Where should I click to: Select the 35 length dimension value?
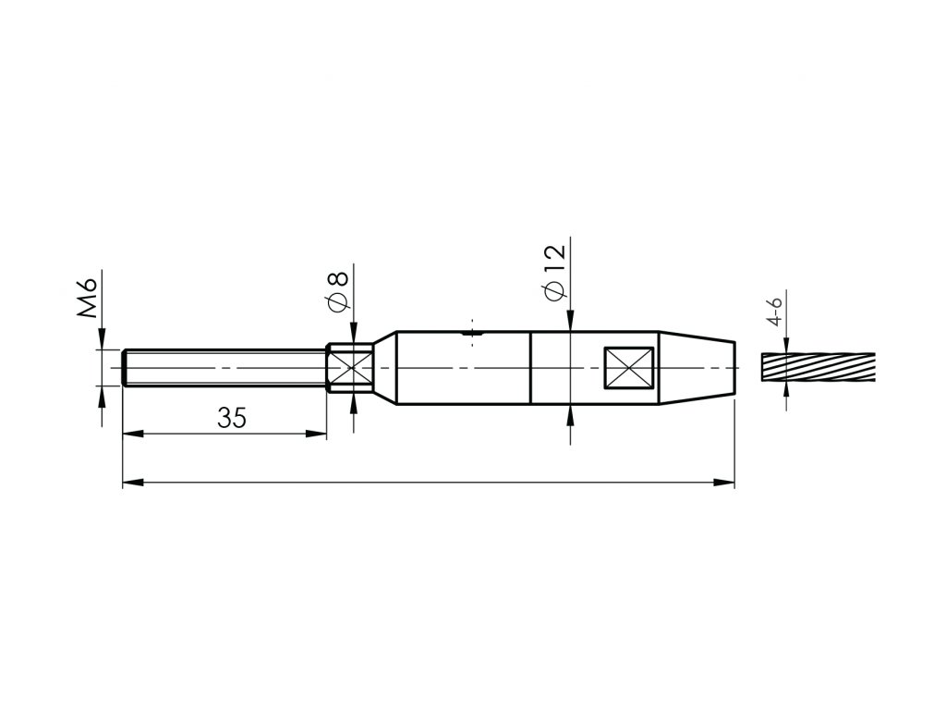point(232,418)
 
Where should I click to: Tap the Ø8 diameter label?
point(338,291)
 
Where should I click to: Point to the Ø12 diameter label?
point(554,272)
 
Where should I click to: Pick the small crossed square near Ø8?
point(351,368)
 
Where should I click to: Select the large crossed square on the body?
point(628,368)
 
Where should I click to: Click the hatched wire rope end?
point(819,367)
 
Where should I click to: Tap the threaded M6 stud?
point(224,368)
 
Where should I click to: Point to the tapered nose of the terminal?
point(697,368)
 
